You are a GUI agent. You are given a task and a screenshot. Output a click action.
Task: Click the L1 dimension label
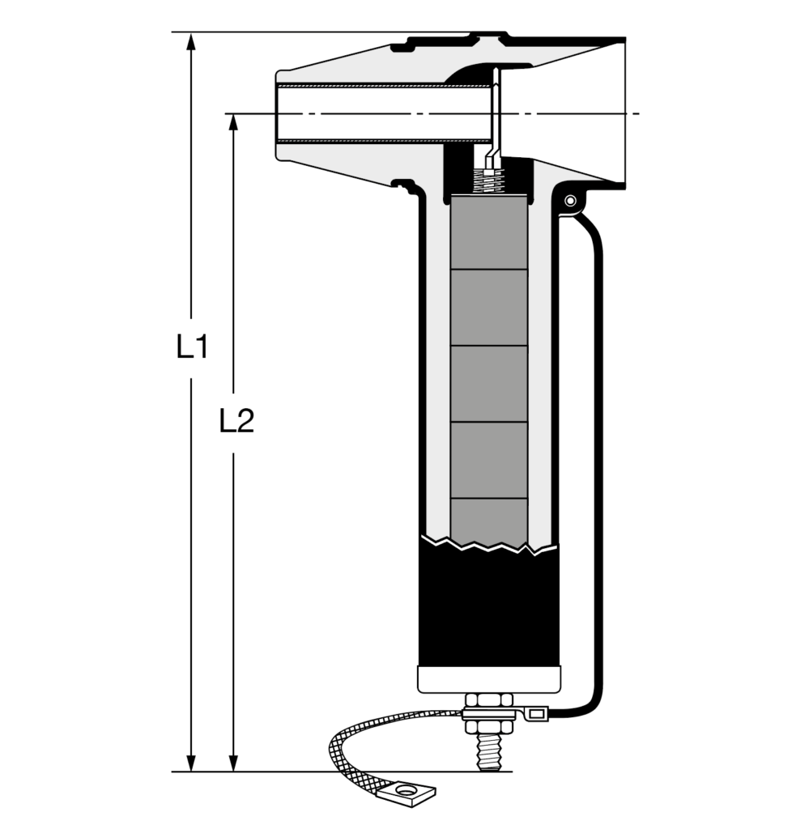pos(193,346)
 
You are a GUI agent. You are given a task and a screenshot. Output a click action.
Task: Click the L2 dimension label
pos(236,421)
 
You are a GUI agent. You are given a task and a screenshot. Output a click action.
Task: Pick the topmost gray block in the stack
pos(489,232)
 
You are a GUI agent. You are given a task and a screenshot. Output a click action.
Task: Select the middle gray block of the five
pos(489,384)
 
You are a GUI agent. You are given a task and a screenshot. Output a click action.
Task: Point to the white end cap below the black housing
pos(489,680)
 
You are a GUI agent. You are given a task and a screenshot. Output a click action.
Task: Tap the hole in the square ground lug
pos(406,791)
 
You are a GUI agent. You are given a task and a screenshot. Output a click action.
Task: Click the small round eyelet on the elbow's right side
pos(570,201)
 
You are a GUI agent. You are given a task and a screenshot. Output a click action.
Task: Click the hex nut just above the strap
pos(489,700)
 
